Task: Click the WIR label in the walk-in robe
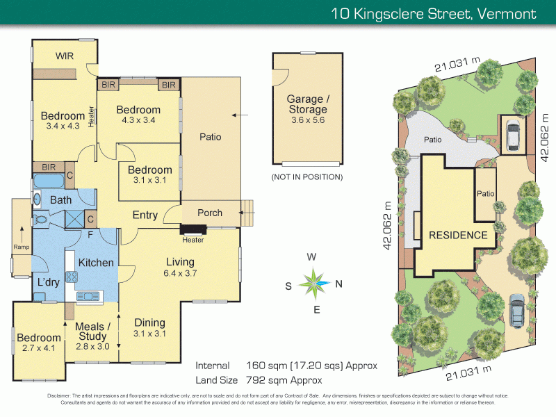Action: tap(65, 55)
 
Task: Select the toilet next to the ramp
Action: tap(41, 218)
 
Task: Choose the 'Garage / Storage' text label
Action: tap(307, 104)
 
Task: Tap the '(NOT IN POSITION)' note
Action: tap(306, 177)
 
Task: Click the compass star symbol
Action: tap(314, 283)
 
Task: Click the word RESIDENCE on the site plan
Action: tap(457, 235)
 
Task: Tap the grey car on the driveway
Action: tap(517, 310)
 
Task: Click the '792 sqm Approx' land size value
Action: tap(284, 380)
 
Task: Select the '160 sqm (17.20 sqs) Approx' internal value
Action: tap(312, 366)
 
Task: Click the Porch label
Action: tap(210, 213)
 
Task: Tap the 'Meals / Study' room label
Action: tap(92, 332)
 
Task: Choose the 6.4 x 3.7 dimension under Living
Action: tap(181, 274)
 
